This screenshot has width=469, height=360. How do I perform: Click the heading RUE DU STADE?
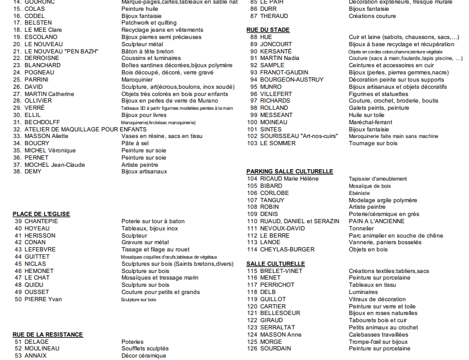268,29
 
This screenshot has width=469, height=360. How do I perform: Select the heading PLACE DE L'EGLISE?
41,214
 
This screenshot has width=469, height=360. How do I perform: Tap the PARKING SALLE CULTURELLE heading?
289,171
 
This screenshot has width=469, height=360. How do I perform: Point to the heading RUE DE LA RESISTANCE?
48,334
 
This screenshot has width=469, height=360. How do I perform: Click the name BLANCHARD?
42,65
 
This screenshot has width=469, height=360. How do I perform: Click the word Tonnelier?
362,228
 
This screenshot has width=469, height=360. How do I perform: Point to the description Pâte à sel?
135,143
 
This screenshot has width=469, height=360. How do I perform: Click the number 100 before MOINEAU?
252,122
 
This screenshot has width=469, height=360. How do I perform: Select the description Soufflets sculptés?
145,348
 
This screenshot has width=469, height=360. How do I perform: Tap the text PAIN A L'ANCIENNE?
377,221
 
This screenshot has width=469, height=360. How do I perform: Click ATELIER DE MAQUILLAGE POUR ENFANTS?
77,129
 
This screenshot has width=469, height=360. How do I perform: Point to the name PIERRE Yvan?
43,299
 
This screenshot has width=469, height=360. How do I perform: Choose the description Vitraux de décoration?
377,299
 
